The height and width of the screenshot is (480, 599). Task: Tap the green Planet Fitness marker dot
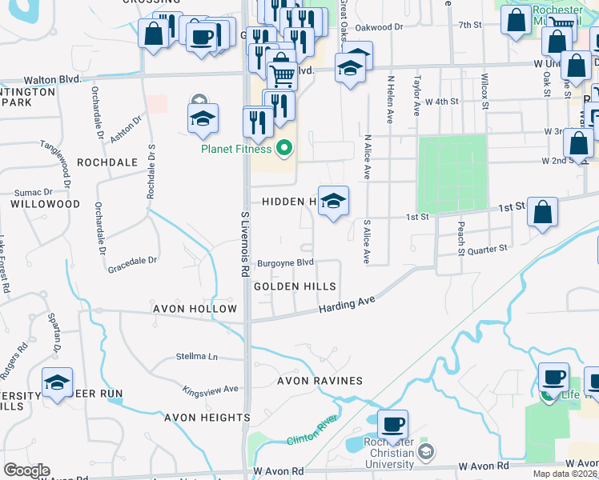283,148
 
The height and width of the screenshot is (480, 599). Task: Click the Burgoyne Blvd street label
284,263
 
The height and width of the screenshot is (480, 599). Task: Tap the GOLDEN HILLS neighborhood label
294,286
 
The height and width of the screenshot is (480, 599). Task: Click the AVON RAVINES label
320,381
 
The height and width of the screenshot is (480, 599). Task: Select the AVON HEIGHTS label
207,418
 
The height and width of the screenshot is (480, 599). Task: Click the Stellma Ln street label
197,356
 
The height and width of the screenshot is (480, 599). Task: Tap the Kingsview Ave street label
211,390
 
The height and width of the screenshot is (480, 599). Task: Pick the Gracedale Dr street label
133,260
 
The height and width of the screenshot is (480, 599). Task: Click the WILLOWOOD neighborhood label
45,204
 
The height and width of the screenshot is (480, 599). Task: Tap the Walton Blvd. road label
53,79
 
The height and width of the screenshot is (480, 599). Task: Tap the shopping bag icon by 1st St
542,213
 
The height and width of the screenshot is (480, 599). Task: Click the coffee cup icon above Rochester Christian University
392,425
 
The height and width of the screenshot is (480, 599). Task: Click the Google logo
26,470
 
